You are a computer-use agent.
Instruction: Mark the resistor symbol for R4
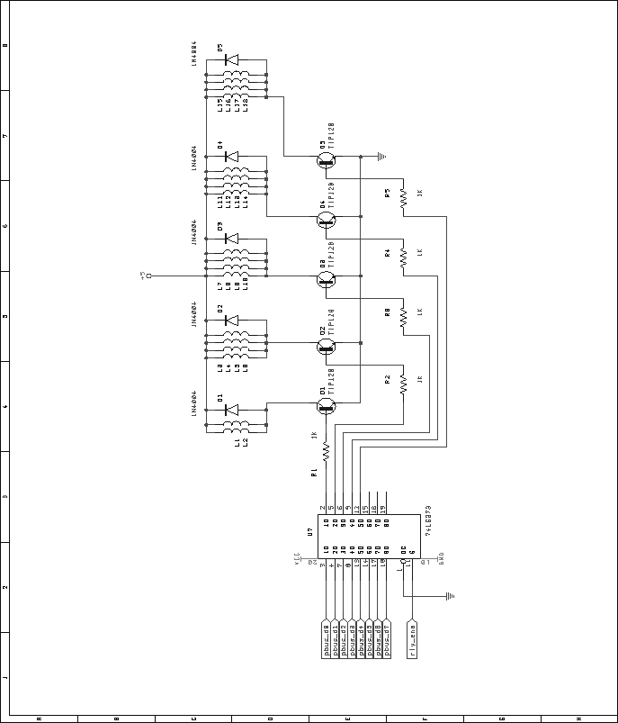pos(403,257)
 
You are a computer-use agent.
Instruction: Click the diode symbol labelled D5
pos(231,60)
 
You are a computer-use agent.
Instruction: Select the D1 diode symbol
pos(231,410)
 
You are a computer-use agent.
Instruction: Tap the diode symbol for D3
pos(231,239)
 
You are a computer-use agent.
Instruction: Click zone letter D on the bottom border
pos(270,718)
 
